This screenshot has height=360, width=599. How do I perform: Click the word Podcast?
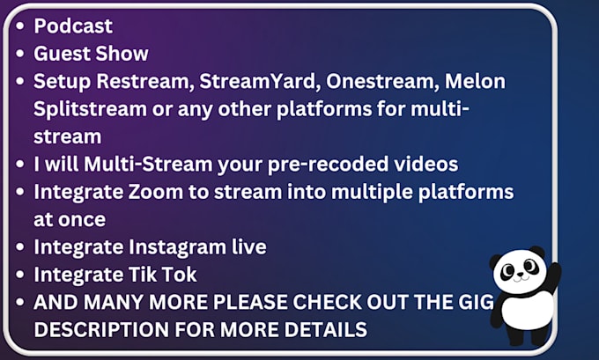click(x=73, y=26)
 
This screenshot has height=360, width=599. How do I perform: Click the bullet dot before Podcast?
click(x=19, y=26)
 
